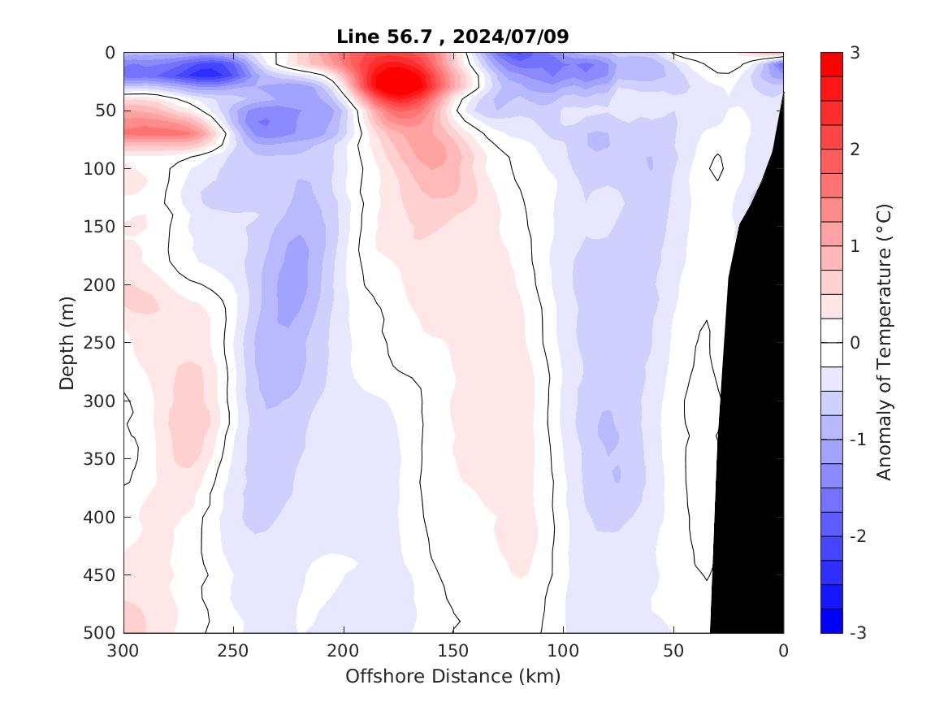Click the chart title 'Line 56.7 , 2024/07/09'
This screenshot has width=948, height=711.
[x=452, y=37]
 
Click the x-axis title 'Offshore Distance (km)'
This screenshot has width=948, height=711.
[x=452, y=676]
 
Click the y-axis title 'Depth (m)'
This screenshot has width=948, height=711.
[x=67, y=343]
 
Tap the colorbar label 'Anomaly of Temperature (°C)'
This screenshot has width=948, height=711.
[x=885, y=343]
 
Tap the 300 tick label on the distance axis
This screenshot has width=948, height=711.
[x=123, y=651]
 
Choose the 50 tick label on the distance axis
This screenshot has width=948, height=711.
[x=673, y=651]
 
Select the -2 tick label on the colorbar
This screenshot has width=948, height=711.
[x=858, y=536]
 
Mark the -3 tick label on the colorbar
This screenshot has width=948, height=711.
[x=858, y=633]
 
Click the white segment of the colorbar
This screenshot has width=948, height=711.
[x=831, y=343]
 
